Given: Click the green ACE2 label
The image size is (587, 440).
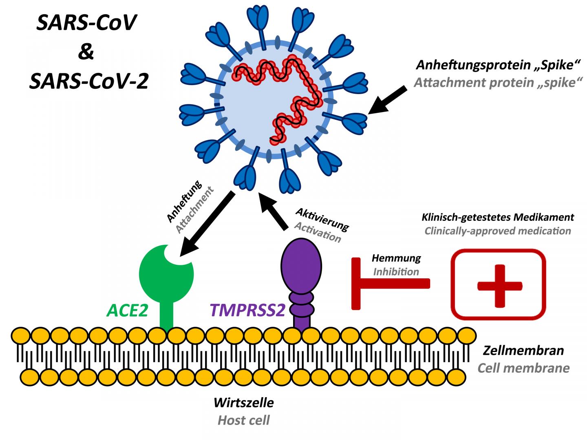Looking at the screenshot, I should [x=127, y=310].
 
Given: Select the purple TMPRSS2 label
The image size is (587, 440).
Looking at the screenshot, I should [x=247, y=310].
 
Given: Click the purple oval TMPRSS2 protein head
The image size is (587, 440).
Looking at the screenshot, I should [x=301, y=265].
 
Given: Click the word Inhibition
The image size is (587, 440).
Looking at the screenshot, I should [x=396, y=271].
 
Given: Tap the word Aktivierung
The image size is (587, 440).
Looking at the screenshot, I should [x=322, y=219].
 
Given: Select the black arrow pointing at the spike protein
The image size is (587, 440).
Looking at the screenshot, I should [x=387, y=100].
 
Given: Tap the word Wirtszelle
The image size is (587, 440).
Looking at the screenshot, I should [x=243, y=403].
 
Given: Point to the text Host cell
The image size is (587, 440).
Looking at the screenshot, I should [x=243, y=420].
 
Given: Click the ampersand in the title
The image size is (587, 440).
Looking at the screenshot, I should [x=86, y=52].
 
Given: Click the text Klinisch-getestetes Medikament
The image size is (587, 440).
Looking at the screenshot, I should [x=497, y=217].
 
